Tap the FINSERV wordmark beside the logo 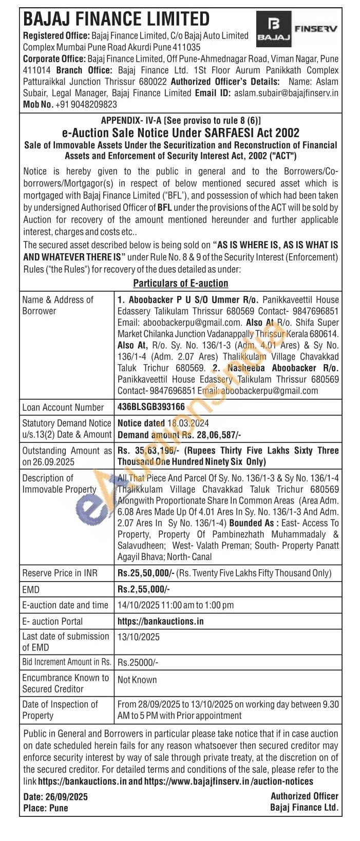click(315, 29)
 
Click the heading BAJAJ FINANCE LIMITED click(117, 20)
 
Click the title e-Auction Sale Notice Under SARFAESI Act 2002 click(180, 133)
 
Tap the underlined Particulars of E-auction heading click(181, 283)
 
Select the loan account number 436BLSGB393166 click(151, 407)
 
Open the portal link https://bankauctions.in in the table click(160, 621)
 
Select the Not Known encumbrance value click(137, 680)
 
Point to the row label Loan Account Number click(63, 407)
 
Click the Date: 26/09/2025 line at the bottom click(55, 797)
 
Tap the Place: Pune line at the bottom click(46, 808)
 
